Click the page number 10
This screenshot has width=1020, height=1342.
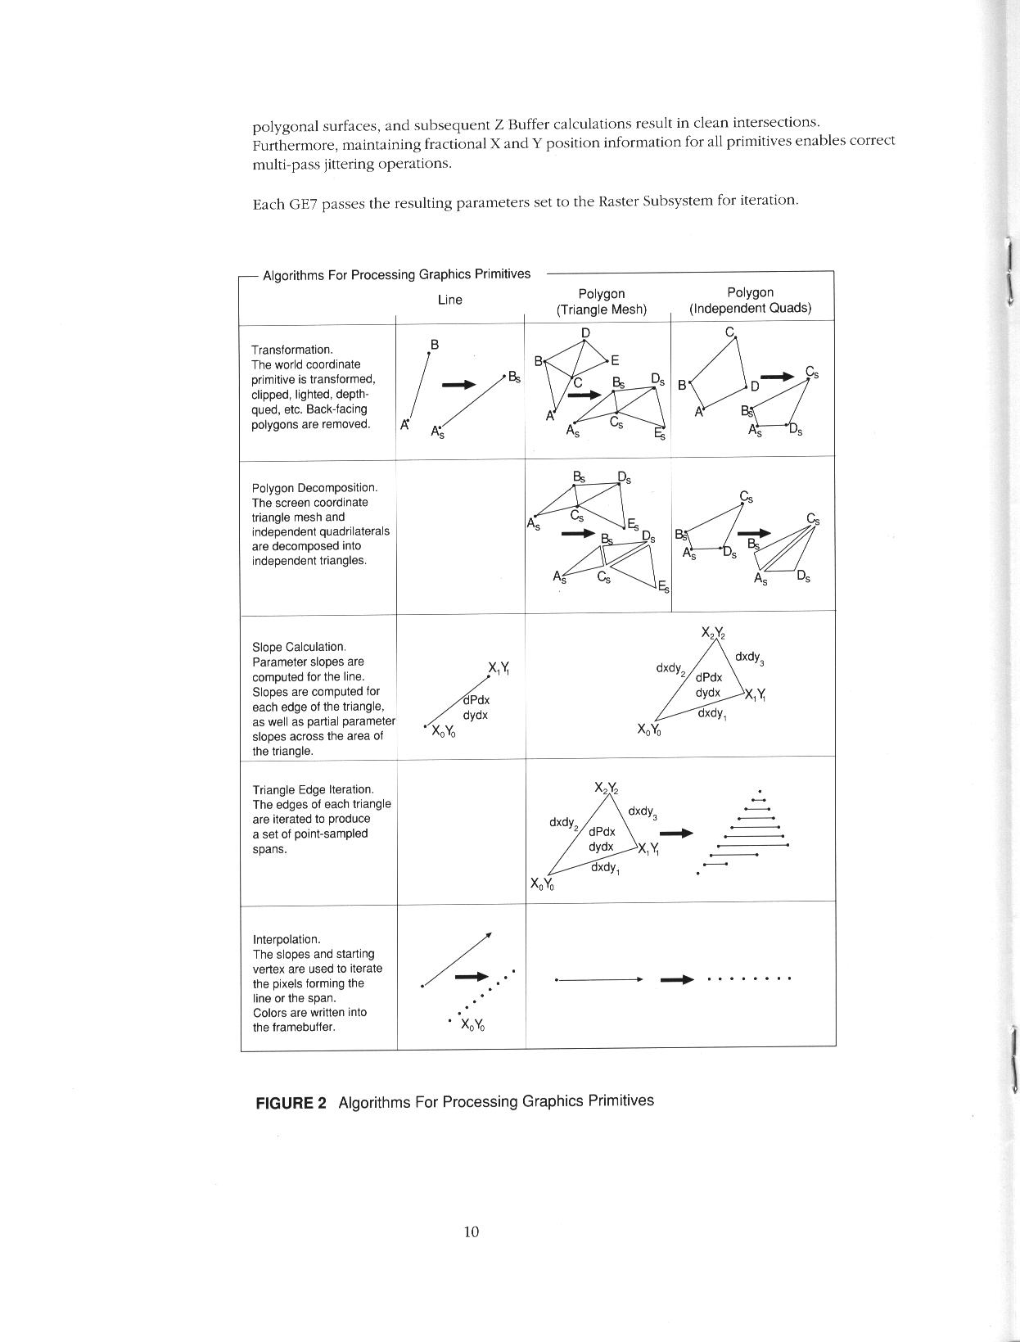click(x=471, y=1231)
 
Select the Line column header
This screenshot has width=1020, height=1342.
click(x=449, y=300)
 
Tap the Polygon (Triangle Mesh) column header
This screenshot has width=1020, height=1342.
click(x=602, y=301)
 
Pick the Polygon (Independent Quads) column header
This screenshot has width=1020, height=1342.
click(x=750, y=300)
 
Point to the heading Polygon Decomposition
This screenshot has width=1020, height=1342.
click(x=314, y=488)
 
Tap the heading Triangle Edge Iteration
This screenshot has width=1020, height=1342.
click(x=313, y=789)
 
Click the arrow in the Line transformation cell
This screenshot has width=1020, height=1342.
click(x=458, y=384)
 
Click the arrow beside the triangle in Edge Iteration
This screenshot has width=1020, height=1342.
click(x=675, y=834)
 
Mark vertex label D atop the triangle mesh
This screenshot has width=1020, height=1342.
click(x=585, y=332)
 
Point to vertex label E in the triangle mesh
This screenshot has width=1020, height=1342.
click(x=616, y=360)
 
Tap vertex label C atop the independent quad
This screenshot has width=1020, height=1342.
click(x=729, y=332)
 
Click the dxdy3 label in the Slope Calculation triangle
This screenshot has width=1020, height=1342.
click(x=750, y=657)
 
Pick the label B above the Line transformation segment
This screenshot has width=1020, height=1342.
click(x=435, y=345)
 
